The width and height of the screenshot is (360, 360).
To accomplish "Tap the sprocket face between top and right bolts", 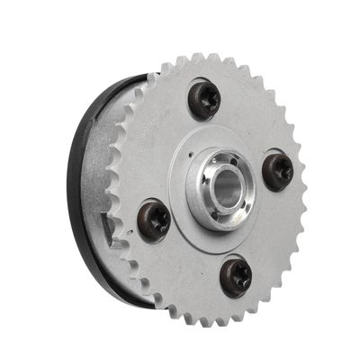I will point(256,117).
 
